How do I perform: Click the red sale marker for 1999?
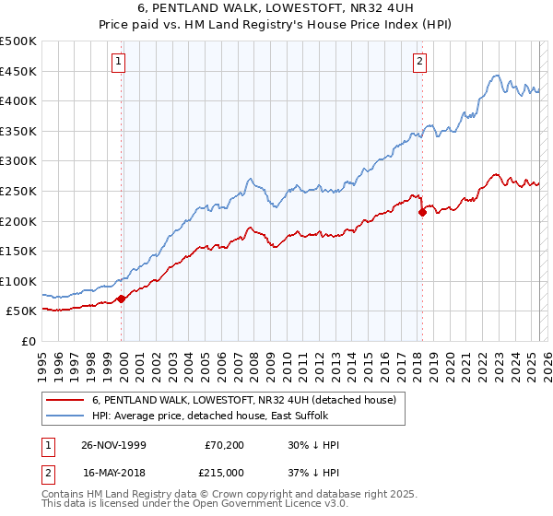(122, 299)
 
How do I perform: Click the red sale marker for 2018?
(422, 212)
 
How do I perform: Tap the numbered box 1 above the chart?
(120, 63)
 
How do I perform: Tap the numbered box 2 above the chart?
(419, 63)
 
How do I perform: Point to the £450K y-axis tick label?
(18, 71)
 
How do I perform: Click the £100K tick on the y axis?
(18, 281)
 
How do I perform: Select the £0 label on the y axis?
(28, 341)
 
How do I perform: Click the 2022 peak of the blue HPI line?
(496, 76)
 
